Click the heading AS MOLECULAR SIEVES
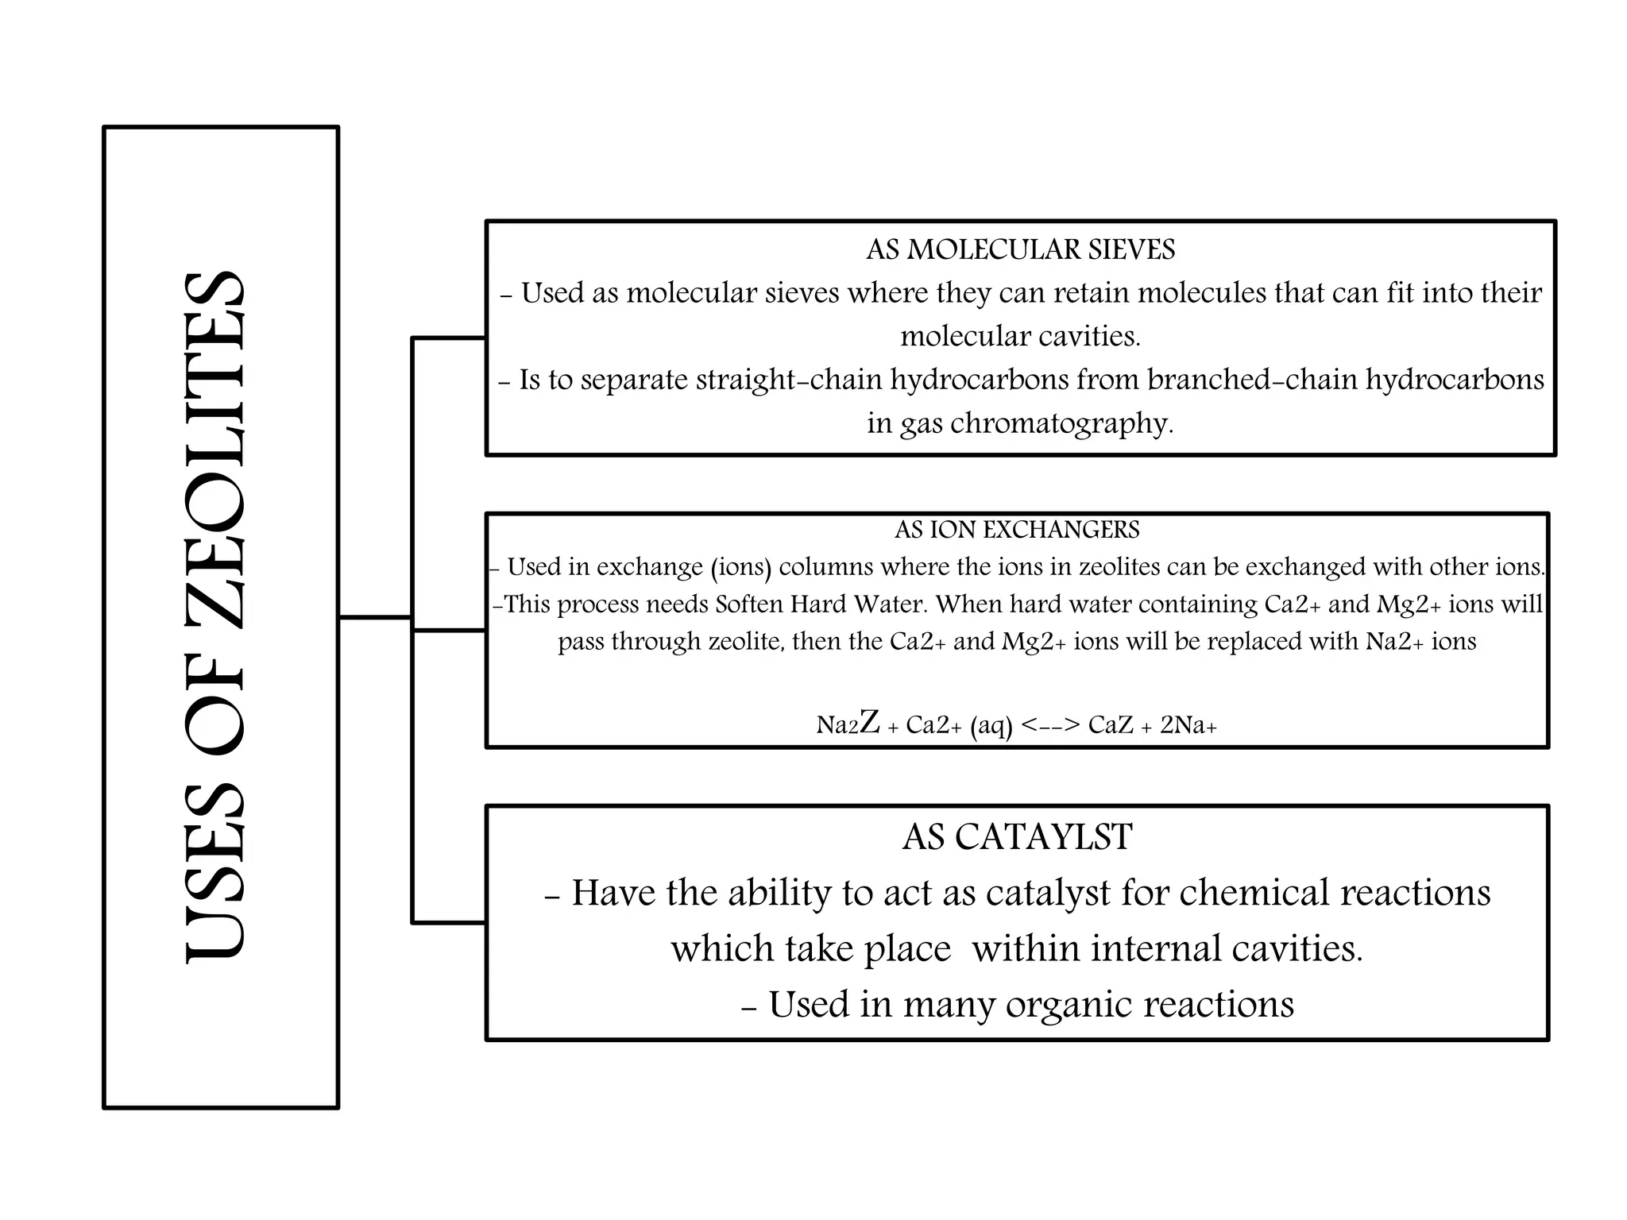pyautogui.click(x=1020, y=250)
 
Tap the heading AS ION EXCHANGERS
pyautogui.click(x=1017, y=530)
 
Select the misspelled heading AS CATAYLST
pyautogui.click(x=1017, y=837)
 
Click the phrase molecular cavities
pyautogui.click(x=1020, y=337)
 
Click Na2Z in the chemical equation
pyautogui.click(x=848, y=724)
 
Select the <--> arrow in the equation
pyautogui.click(x=1050, y=724)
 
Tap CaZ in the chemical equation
pyautogui.click(x=1110, y=724)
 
